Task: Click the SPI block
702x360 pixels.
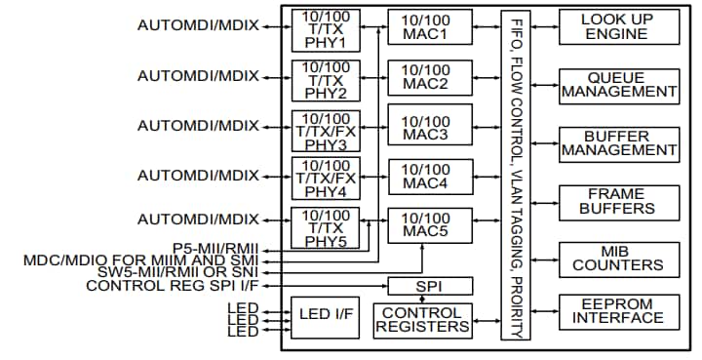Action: [x=430, y=287]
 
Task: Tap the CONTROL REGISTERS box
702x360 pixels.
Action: [x=422, y=321]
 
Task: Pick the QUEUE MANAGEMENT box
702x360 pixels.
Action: [x=619, y=86]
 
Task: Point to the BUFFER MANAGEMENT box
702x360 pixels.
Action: [x=619, y=144]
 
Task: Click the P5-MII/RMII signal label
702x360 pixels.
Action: [x=215, y=249]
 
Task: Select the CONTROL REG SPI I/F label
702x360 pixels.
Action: [x=173, y=286]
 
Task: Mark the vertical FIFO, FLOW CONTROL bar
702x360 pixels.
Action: [x=514, y=176]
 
